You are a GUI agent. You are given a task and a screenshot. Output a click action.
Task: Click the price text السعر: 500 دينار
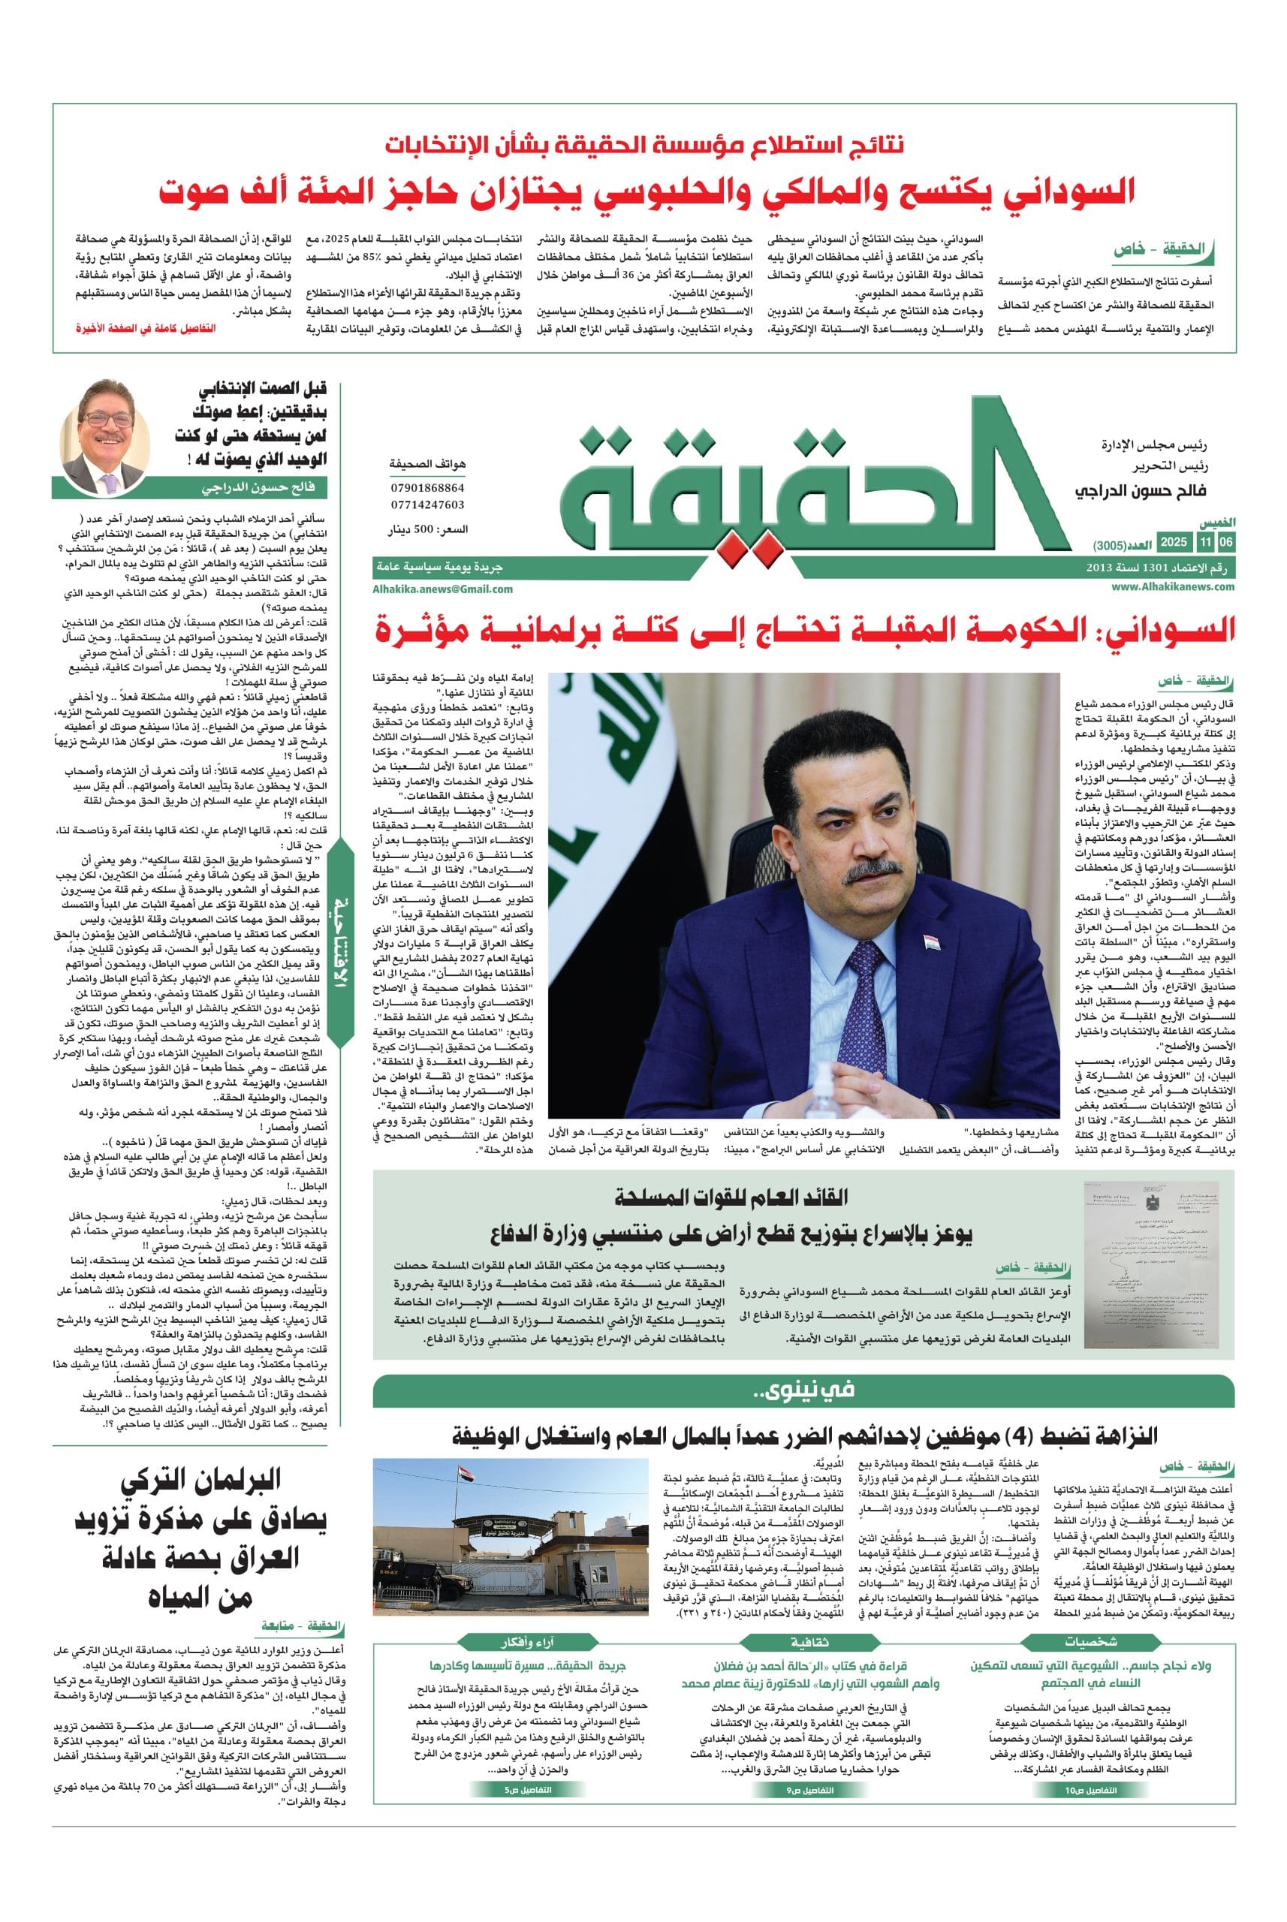[x=426, y=531]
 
